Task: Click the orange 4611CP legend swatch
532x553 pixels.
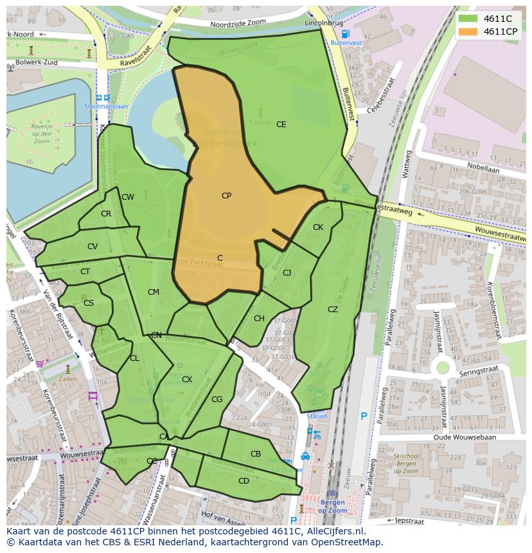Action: [468, 31]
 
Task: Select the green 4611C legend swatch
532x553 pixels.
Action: [468, 18]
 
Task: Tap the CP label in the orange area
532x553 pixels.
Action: [226, 196]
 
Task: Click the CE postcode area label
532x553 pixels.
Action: [281, 125]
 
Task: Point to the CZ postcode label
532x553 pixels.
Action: [332, 310]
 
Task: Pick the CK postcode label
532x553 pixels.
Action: [318, 227]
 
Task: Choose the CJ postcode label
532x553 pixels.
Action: [287, 273]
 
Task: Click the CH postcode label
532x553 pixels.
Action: [259, 319]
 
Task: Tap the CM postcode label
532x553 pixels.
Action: [153, 292]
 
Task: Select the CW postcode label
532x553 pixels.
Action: [128, 197]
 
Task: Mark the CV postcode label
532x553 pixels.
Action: [93, 247]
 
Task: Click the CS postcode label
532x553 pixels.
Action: [89, 303]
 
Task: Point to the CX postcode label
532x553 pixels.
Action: [186, 380]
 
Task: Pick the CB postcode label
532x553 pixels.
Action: [256, 454]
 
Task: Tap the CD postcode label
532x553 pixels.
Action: [244, 481]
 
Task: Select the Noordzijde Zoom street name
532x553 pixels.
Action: [238, 24]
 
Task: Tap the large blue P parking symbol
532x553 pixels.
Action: [364, 417]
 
